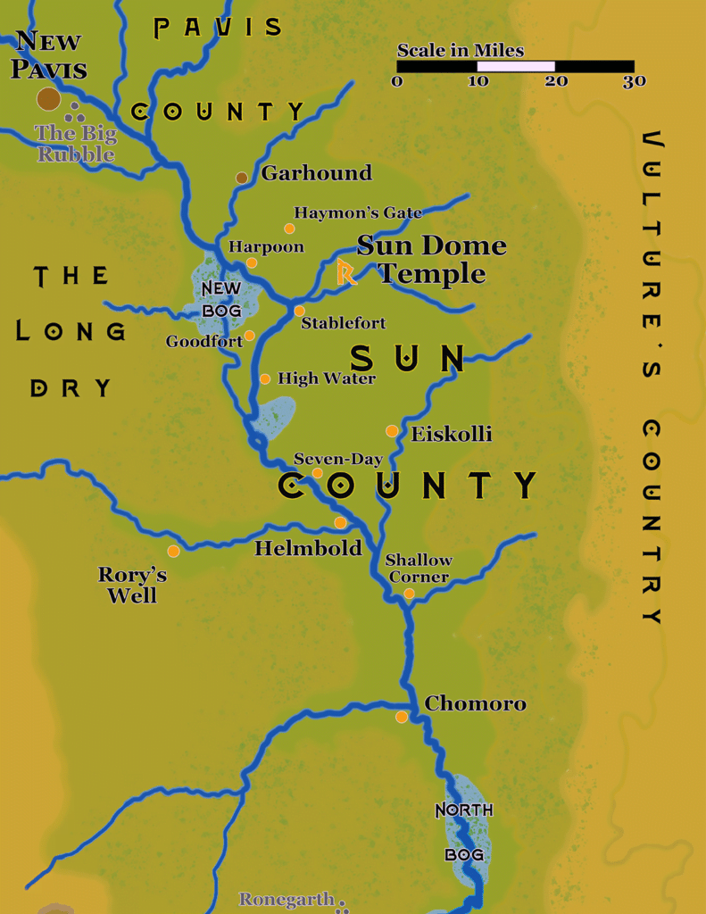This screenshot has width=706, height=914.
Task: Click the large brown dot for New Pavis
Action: tap(49, 99)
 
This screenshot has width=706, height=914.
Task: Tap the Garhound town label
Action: tap(316, 173)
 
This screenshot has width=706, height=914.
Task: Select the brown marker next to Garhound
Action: tap(241, 179)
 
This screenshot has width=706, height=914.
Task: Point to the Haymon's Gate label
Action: tap(358, 213)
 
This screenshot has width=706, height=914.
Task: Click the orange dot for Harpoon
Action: tap(252, 262)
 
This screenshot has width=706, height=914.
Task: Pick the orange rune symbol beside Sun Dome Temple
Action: tap(346, 272)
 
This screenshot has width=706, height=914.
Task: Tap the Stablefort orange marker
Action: tap(300, 311)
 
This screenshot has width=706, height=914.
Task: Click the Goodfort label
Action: tap(204, 341)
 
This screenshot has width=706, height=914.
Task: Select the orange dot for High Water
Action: tap(265, 378)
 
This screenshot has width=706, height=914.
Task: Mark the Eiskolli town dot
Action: tap(392, 431)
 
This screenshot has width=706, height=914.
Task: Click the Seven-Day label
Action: tap(338, 460)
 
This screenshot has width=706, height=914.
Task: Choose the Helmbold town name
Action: tap(308, 548)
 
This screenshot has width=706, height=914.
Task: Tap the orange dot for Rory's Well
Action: tap(173, 551)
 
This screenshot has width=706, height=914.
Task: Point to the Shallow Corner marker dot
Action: tap(409, 593)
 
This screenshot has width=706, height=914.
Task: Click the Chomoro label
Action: tap(475, 703)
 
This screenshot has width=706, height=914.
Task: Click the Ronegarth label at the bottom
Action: tap(287, 900)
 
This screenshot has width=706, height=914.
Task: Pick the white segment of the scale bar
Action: tap(516, 66)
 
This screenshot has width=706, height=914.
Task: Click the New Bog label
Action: tap(221, 299)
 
